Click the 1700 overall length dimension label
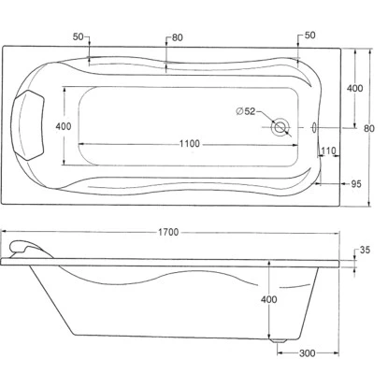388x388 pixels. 168,232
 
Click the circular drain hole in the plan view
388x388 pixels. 280,127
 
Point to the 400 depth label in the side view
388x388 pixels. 268,299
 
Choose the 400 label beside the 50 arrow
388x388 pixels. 354,88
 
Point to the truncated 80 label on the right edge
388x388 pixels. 370,128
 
